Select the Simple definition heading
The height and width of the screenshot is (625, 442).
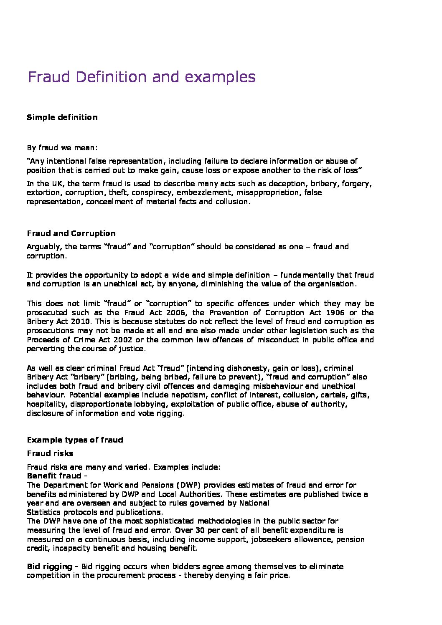[x=62, y=117]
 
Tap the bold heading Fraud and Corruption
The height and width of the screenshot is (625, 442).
[x=71, y=233]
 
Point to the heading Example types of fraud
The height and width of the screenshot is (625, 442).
[x=75, y=440]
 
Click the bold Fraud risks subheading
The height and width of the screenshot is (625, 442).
[x=50, y=453]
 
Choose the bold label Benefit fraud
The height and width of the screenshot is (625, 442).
[x=55, y=476]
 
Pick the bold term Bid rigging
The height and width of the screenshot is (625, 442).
[x=49, y=567]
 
